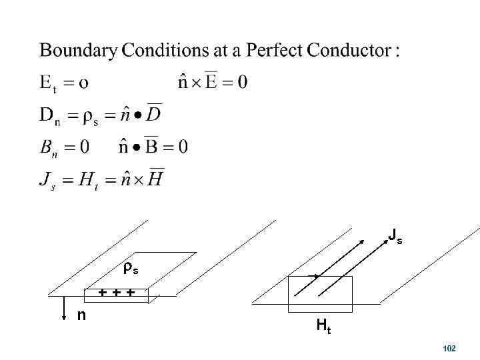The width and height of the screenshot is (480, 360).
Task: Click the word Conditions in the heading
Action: pos(171,51)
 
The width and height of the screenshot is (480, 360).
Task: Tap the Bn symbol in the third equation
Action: pos(50,146)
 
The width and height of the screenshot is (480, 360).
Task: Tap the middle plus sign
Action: pos(117,292)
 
